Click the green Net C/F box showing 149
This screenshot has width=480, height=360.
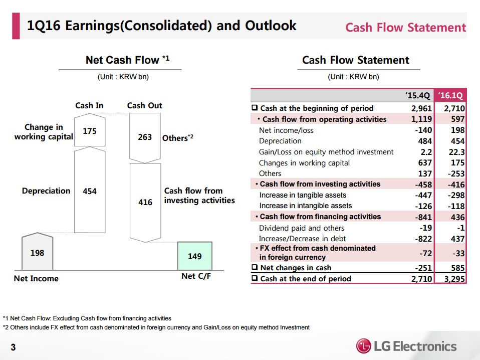[195, 256]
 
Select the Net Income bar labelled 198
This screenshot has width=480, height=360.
[38, 252]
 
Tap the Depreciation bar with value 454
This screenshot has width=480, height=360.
[90, 190]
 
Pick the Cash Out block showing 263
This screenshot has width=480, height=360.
[145, 137]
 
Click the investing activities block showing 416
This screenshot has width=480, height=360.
[145, 203]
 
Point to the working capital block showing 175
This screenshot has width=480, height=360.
[90, 130]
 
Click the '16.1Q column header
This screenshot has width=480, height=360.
[450, 95]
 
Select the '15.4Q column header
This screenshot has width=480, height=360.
[417, 95]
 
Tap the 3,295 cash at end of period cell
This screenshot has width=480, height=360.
[454, 279]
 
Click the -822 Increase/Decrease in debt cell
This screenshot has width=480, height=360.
[423, 239]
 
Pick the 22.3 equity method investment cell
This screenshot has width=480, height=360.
[456, 152]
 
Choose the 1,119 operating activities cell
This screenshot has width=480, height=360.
[421, 119]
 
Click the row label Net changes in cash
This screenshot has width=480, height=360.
[296, 268]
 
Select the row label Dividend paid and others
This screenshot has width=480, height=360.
[302, 228]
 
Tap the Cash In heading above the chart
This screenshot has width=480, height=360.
[89, 105]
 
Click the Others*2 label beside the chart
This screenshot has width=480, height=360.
[178, 137]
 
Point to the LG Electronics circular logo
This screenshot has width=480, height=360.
[364, 346]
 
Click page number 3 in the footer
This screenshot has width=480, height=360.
[13, 347]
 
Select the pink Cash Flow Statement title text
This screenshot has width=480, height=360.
[406, 27]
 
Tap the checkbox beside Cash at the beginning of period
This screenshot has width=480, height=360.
[255, 107]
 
